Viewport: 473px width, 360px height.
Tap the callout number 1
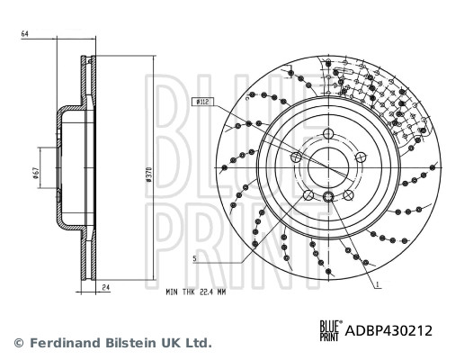[379, 284]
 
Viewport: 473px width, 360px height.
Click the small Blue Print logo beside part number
[330, 330]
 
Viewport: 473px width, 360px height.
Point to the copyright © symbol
[18, 343]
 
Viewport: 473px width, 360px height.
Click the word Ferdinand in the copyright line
[64, 343]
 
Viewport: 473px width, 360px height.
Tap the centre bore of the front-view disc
[329, 166]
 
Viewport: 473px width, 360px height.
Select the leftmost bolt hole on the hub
[297, 157]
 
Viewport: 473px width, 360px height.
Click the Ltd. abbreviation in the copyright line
[198, 343]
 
